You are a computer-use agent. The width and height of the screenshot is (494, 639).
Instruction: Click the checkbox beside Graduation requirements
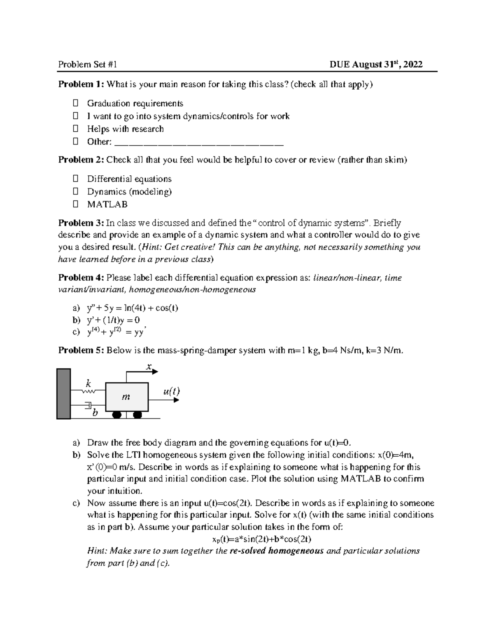click(75, 103)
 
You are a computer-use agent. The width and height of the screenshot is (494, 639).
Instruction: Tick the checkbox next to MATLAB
click(75, 204)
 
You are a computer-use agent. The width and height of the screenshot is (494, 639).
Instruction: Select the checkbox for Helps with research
click(75, 129)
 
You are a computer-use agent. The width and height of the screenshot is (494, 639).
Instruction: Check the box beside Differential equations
click(75, 179)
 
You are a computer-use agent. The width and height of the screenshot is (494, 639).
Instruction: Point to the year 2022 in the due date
click(413, 64)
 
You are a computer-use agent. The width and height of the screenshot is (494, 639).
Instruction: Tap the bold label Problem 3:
click(81, 223)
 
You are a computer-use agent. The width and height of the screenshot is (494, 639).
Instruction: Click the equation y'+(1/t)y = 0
click(113, 320)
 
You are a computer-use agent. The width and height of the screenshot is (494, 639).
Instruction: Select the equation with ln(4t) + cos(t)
click(132, 308)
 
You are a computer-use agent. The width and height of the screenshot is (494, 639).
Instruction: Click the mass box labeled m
click(126, 397)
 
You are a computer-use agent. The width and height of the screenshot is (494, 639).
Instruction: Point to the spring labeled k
click(89, 391)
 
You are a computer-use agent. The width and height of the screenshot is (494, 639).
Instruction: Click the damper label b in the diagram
click(95, 412)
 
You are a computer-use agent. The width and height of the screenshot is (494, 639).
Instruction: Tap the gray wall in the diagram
click(63, 394)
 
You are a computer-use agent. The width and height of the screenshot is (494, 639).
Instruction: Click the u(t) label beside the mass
click(171, 391)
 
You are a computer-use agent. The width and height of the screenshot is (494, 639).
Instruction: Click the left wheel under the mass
click(117, 415)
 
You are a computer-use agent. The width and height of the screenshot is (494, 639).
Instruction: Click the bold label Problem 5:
click(81, 350)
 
